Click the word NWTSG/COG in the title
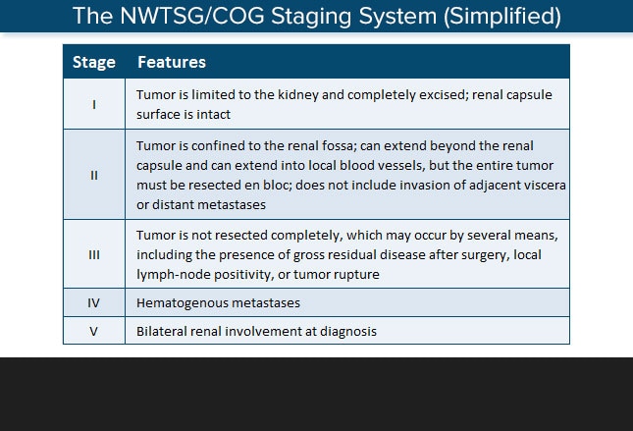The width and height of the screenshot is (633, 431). [192, 16]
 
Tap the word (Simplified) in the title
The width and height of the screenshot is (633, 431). [502, 17]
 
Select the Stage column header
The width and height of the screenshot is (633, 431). [94, 62]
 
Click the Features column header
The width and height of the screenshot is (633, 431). [172, 62]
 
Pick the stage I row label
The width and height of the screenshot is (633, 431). [94, 105]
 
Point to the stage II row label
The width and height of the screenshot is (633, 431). [94, 176]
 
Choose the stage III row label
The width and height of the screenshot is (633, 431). [94, 255]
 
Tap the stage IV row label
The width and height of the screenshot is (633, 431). [93, 303]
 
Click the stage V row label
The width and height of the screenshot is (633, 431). [93, 332]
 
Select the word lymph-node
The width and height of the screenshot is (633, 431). [173, 275]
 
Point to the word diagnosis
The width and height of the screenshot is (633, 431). [348, 332]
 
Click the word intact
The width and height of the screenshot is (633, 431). [213, 115]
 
